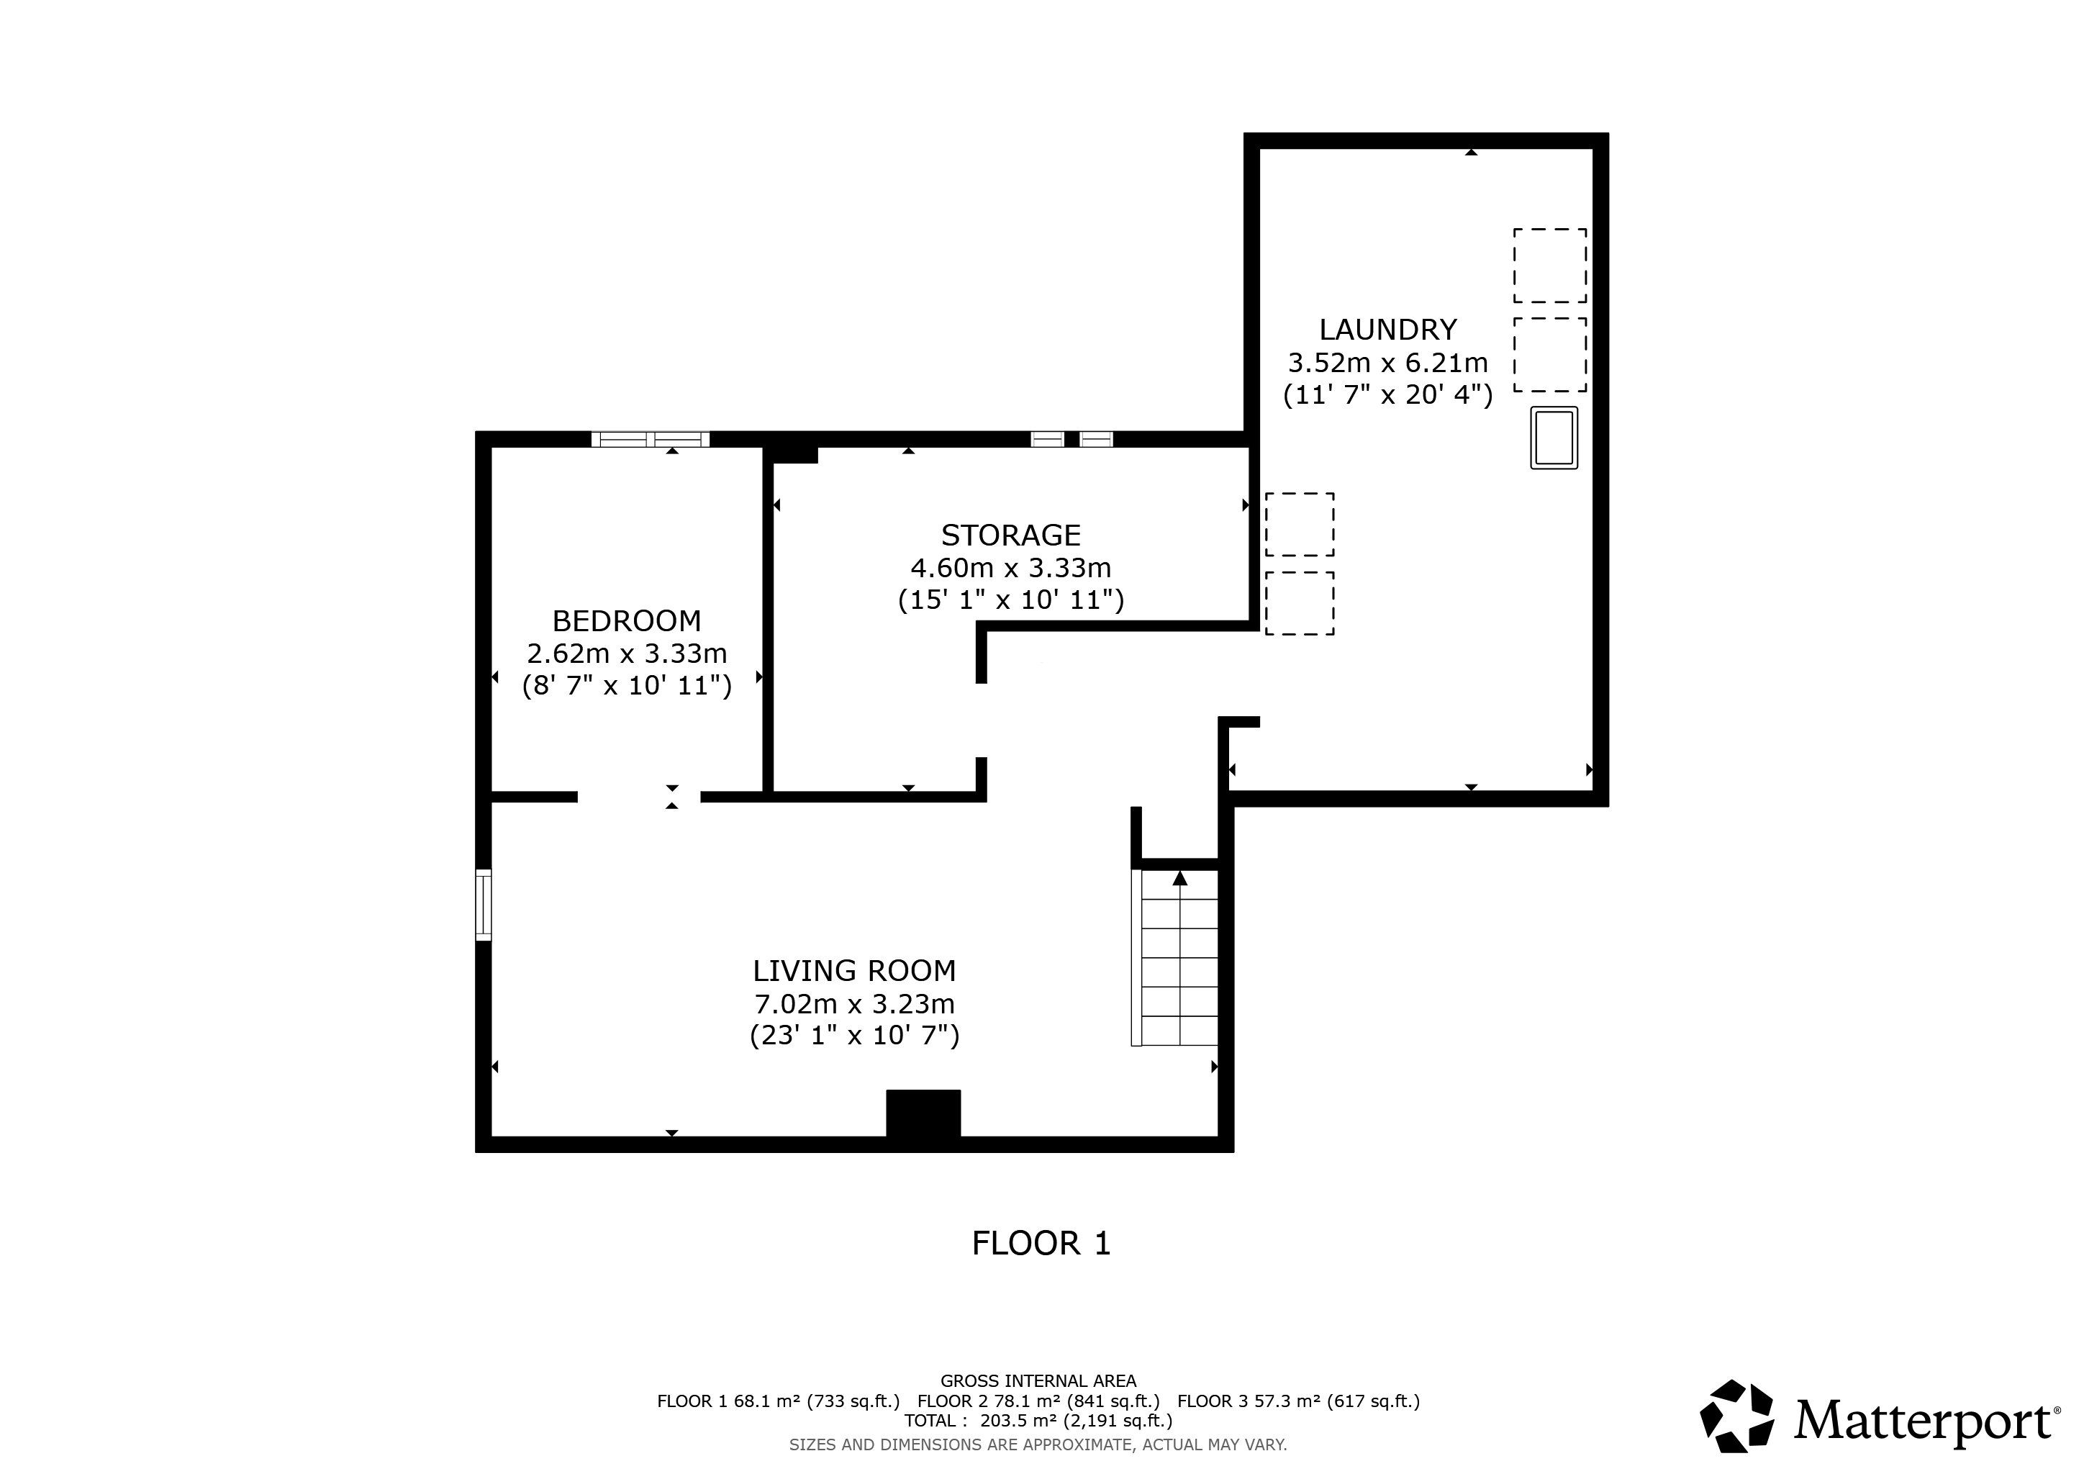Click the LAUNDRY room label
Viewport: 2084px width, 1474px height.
(1388, 329)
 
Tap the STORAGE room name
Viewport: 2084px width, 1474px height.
(1010, 535)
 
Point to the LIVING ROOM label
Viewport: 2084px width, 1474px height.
(854, 971)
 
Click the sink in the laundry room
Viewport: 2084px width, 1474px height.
(1554, 438)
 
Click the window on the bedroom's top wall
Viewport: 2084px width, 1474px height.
(650, 439)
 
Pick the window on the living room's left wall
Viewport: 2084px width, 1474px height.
(484, 905)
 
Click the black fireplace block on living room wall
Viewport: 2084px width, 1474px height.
(923, 1113)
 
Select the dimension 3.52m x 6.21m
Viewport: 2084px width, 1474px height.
(1388, 363)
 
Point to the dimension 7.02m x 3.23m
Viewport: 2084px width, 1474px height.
(854, 1005)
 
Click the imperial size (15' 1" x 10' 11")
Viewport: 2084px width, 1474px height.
(1010, 600)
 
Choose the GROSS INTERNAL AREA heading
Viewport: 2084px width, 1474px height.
(1038, 1381)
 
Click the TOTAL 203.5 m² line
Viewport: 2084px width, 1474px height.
(1038, 1421)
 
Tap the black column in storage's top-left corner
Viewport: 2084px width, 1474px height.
(791, 454)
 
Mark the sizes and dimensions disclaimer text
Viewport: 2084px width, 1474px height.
(1038, 1444)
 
